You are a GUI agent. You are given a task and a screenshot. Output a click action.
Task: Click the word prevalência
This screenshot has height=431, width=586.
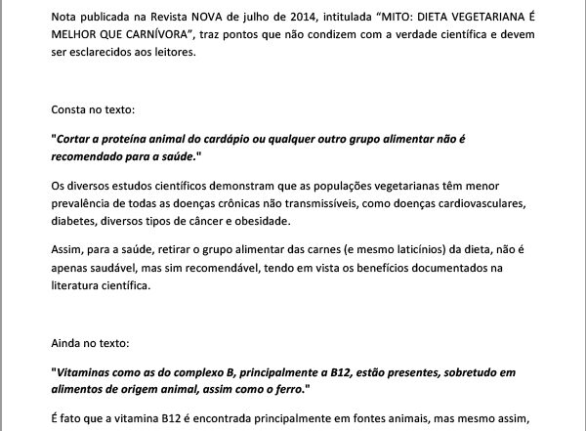pyautogui.click(x=81, y=204)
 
